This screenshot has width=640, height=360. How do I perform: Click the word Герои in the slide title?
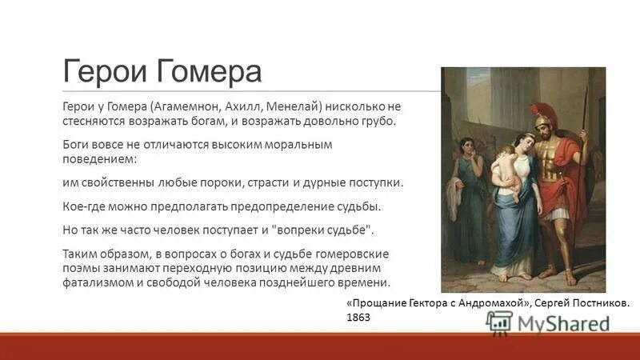pos(101,73)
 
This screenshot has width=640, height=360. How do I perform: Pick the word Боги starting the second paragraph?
pos(78,146)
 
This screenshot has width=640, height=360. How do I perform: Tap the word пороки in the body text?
pos(232,182)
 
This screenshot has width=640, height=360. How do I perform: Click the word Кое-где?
pos(84,206)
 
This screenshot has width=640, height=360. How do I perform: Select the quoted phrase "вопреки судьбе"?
pos(324,230)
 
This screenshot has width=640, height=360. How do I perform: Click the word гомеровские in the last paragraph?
pos(343,253)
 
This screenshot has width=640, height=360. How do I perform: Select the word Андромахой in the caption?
pos(486,303)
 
